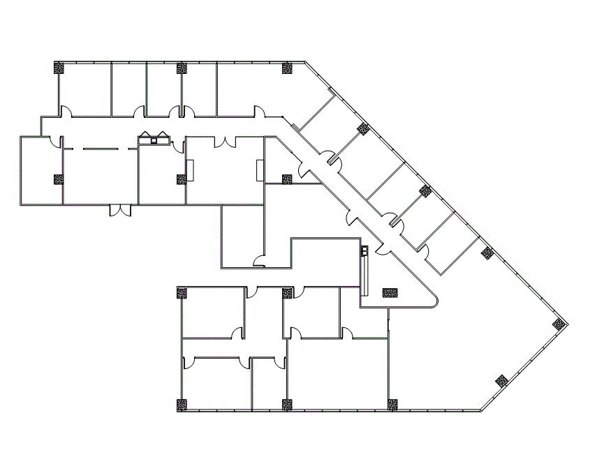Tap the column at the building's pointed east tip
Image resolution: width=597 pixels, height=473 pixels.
[x=558, y=324]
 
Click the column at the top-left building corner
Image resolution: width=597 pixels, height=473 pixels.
[x=59, y=68]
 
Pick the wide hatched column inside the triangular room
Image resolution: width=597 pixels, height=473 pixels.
[x=390, y=293]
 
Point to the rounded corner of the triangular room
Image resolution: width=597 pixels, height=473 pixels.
[x=435, y=301]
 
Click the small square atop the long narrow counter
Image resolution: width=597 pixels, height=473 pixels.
[x=364, y=250]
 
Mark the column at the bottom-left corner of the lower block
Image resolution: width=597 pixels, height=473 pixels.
[x=182, y=404]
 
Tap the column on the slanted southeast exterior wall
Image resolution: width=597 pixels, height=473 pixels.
[x=500, y=381]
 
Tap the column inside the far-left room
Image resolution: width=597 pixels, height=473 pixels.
[x=59, y=179]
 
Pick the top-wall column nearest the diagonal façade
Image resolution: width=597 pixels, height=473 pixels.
[x=287, y=68]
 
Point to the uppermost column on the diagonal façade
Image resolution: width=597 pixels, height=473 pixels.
[x=362, y=128]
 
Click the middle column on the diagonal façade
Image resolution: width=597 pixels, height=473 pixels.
[x=425, y=190]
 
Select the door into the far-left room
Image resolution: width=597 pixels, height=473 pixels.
[x=59, y=143]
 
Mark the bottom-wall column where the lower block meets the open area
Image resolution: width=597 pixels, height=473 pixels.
[x=392, y=404]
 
